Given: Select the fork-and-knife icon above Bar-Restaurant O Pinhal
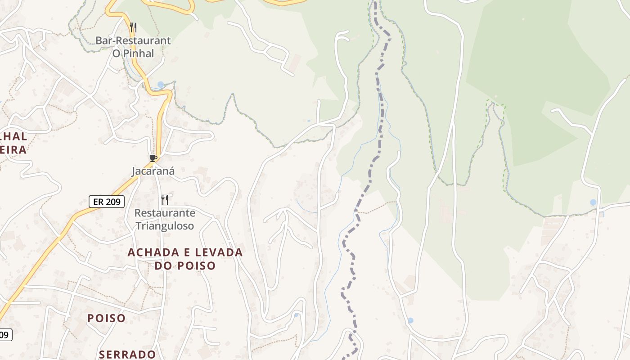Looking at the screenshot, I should tap(133, 27).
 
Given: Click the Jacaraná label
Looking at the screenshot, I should tap(153, 171).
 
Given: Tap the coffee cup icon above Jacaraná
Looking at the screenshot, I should tap(153, 158).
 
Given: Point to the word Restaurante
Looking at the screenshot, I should tap(165, 213).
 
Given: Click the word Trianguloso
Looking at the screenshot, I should tap(165, 225).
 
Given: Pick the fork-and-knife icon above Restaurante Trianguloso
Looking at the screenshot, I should tap(165, 199).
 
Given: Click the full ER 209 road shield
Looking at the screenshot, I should tap(106, 202).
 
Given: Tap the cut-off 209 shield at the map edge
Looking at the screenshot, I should tap(5, 335).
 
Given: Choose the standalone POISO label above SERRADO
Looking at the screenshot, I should tap(107, 318).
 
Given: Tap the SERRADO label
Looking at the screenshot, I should tap(127, 355).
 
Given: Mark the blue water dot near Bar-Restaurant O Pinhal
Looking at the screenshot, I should tap(161, 85).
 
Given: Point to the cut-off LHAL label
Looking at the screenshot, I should tap(13, 136).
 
